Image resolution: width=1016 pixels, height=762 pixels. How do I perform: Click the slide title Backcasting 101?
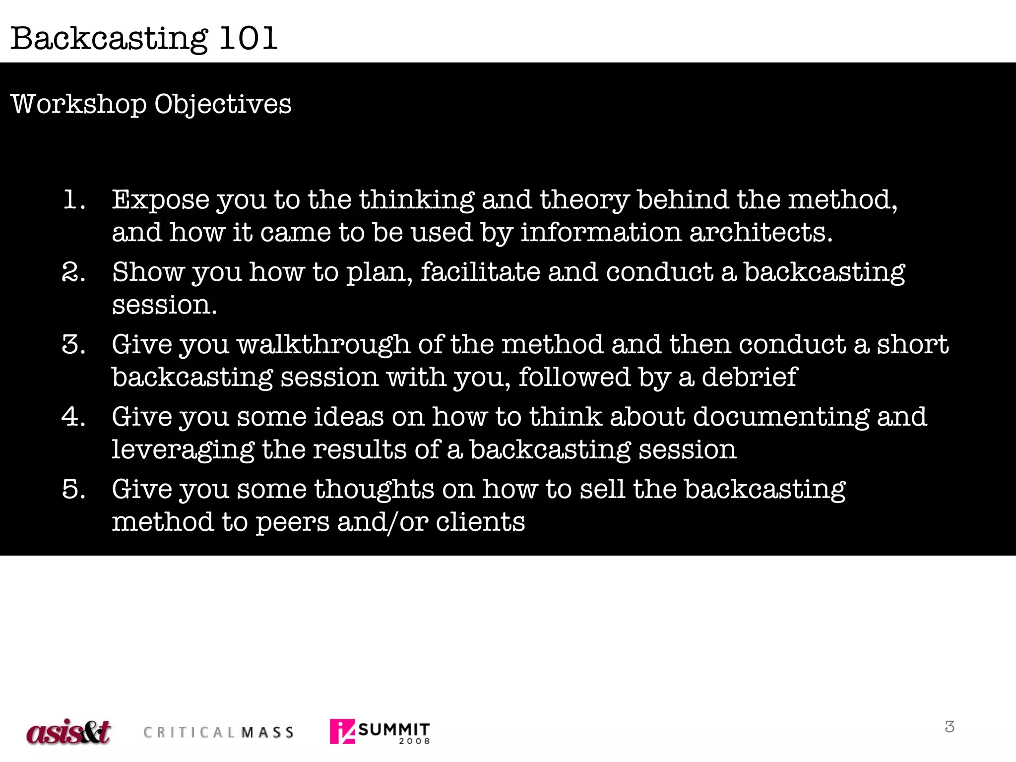(x=144, y=38)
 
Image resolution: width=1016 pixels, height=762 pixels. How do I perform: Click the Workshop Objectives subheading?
(x=151, y=104)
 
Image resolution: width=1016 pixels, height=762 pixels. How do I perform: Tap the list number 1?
(x=74, y=200)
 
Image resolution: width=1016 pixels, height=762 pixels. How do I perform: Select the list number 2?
(x=74, y=272)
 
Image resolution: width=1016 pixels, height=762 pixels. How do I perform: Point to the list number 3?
(x=74, y=345)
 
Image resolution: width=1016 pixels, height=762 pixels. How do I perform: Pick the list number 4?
(x=74, y=417)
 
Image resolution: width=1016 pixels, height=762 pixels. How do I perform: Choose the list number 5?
(x=74, y=489)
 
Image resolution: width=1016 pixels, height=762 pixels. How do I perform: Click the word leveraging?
(x=183, y=450)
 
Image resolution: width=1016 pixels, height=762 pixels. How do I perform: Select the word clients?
(x=480, y=522)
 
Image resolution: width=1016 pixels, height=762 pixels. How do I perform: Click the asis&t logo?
(x=68, y=731)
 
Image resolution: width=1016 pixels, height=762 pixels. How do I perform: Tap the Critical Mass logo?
(x=219, y=732)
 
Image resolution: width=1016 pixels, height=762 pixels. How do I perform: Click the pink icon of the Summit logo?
(x=342, y=731)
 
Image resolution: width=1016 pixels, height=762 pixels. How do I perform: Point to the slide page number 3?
(x=950, y=727)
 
